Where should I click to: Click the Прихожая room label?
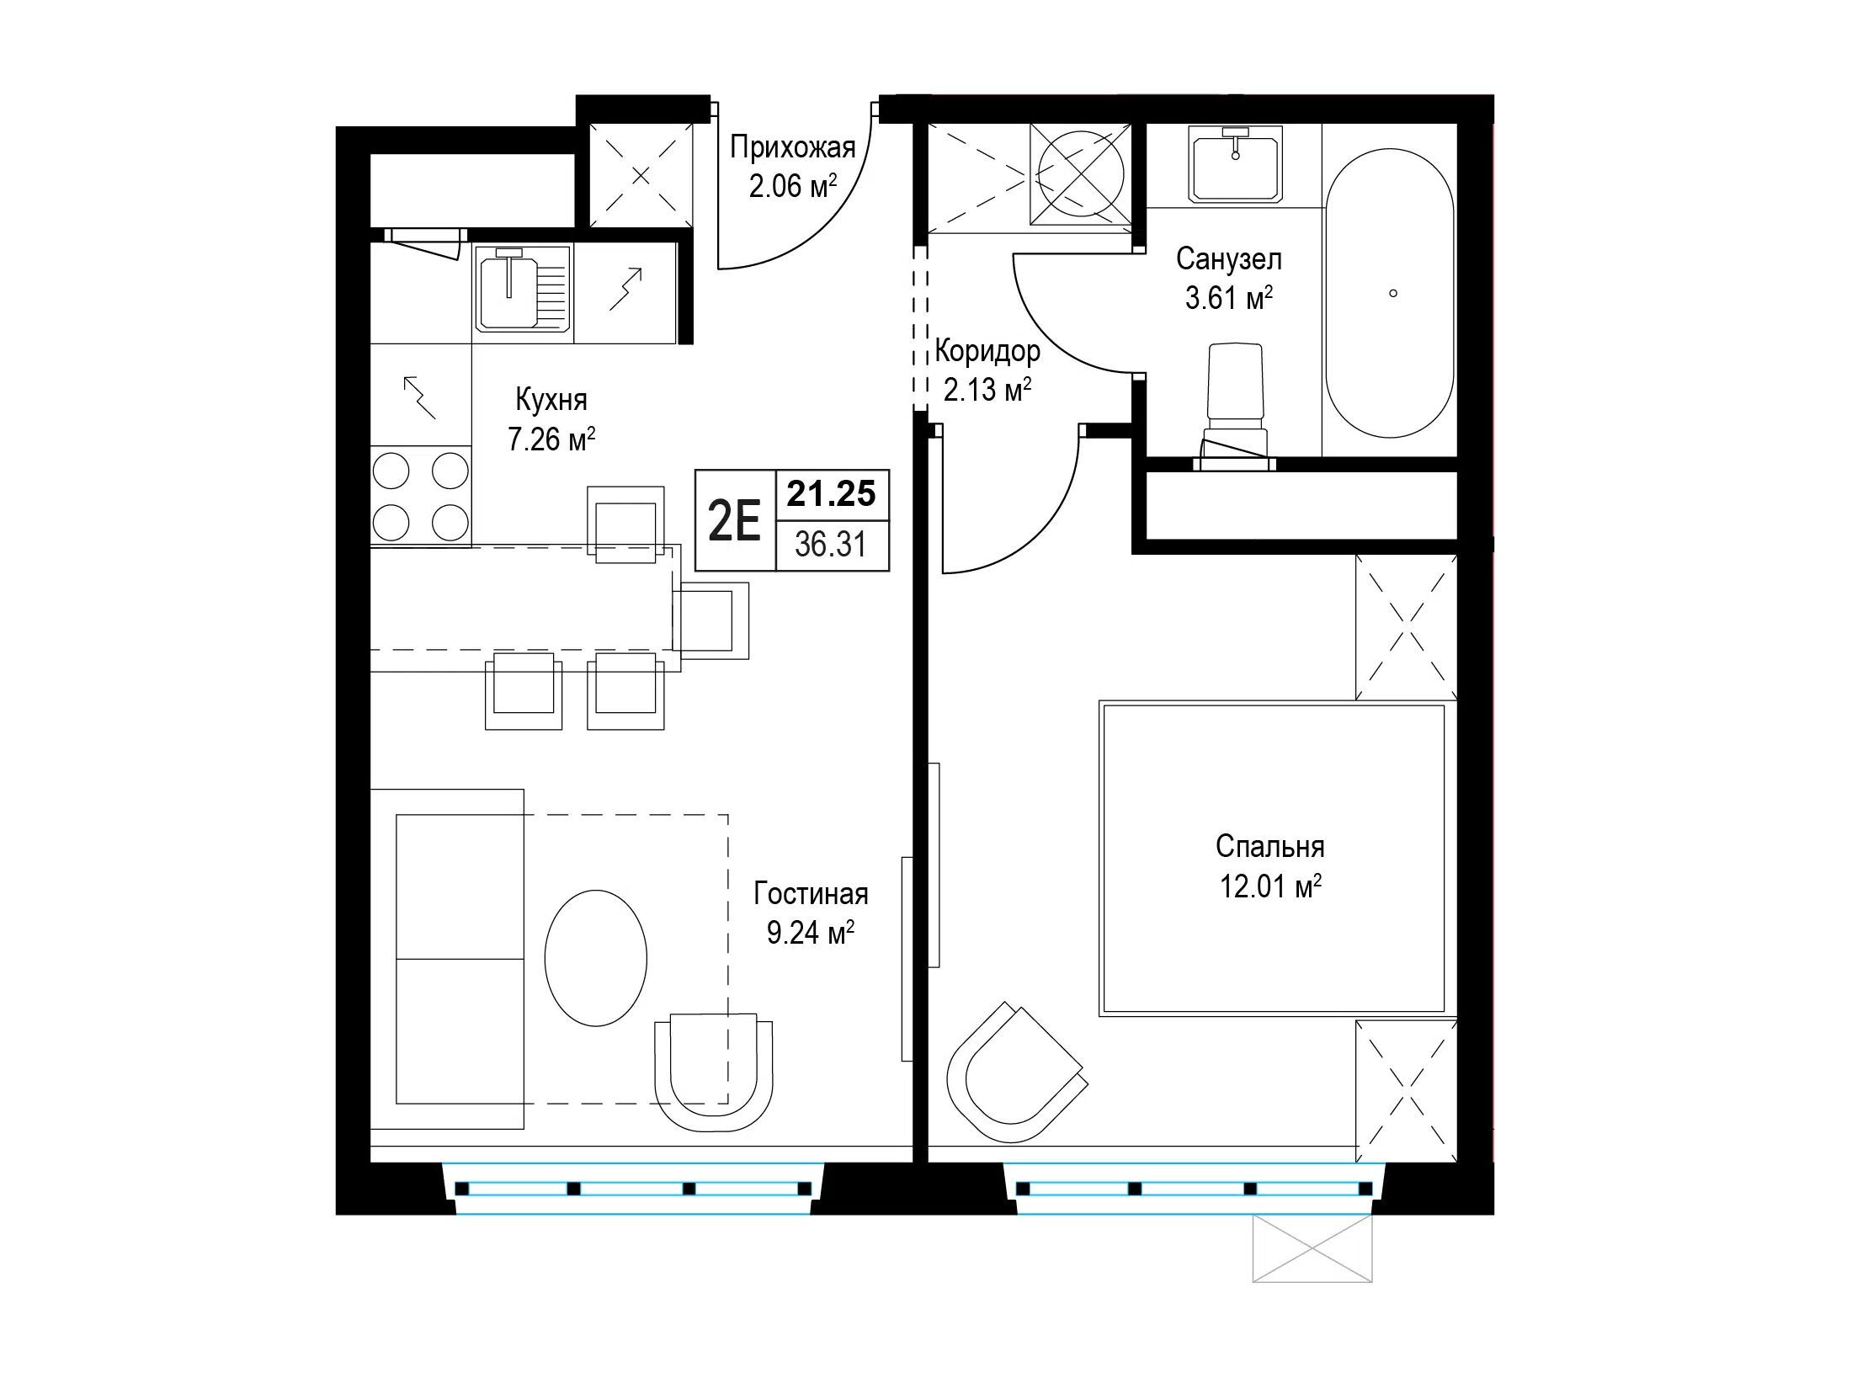tap(792, 148)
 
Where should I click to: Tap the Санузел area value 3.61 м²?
tap(1228, 298)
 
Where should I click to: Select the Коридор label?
tap(987, 350)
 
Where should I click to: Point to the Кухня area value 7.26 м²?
tap(551, 439)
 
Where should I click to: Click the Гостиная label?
tap(811, 893)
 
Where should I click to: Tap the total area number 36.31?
tap(831, 545)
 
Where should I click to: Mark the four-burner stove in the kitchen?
tap(421, 497)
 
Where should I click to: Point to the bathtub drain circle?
tap(1393, 293)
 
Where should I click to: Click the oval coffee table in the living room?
tap(596, 958)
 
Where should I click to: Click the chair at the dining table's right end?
tap(711, 620)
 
